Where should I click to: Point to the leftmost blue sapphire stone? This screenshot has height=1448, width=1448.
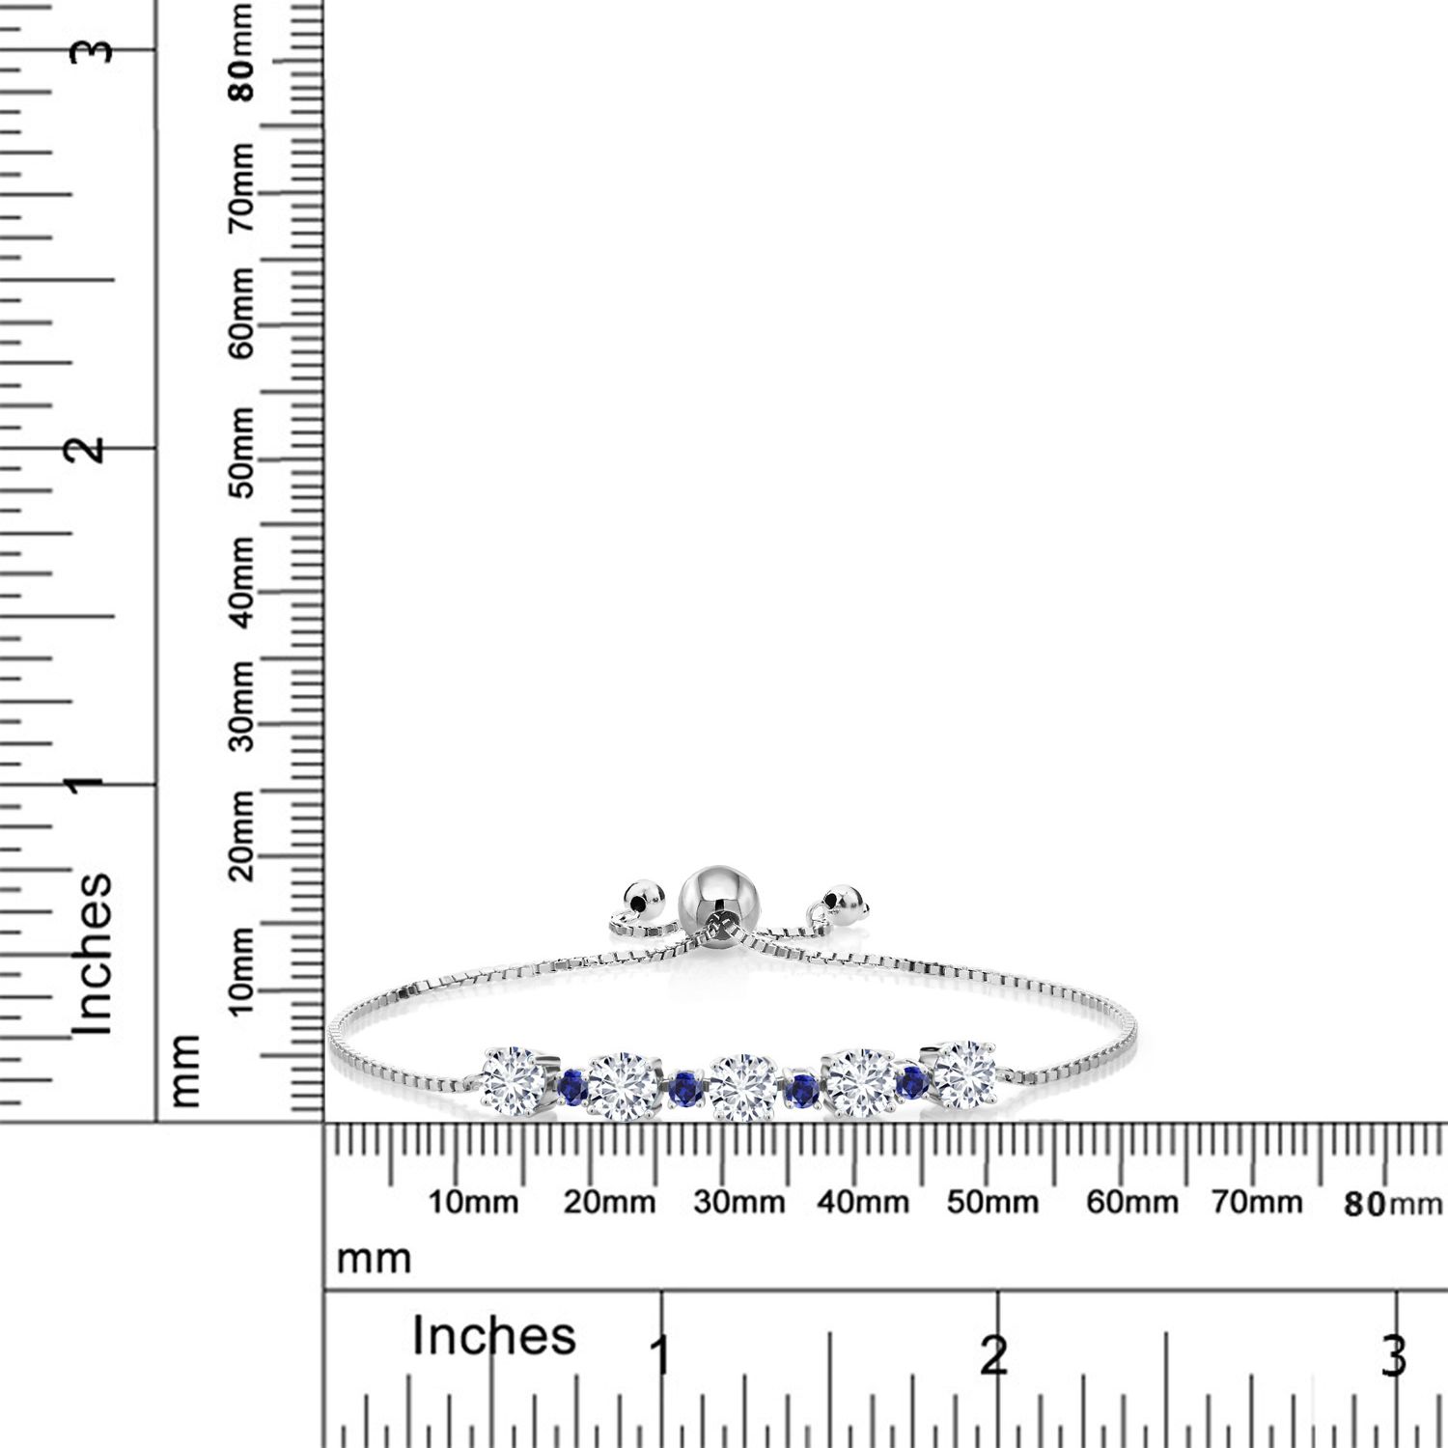(x=572, y=1086)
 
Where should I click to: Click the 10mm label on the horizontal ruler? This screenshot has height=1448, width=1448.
(x=473, y=1203)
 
